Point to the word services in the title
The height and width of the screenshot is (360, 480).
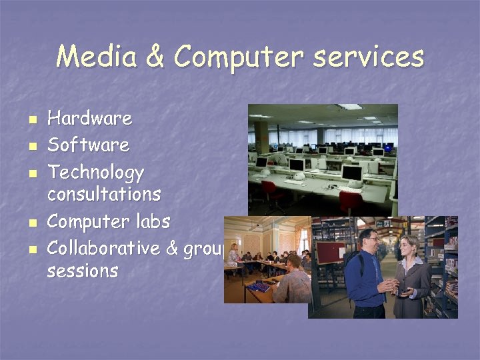[x=369, y=57]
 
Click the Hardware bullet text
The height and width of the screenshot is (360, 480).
[x=90, y=119]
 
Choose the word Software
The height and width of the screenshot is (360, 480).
[x=89, y=145]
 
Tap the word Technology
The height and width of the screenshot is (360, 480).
[x=96, y=173]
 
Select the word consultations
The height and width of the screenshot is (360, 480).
[x=104, y=194]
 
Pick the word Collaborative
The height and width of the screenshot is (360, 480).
[x=104, y=248]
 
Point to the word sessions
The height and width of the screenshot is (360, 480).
[x=83, y=271]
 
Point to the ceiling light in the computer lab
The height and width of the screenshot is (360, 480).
[x=349, y=107]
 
